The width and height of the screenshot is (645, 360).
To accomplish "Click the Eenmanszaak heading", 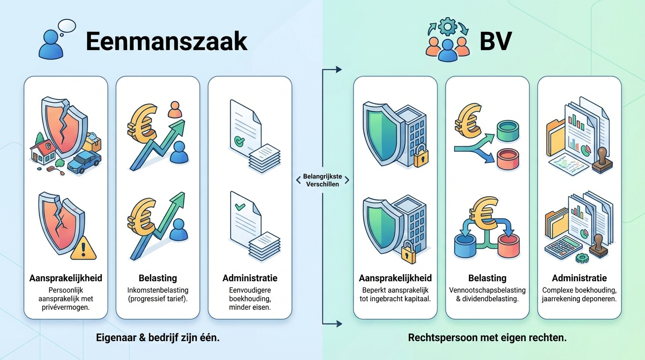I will pyautogui.click(x=166, y=42).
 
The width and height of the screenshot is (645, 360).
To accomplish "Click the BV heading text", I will pyautogui.click(x=495, y=42).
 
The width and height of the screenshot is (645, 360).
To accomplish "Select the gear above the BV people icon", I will pyautogui.click(x=448, y=26).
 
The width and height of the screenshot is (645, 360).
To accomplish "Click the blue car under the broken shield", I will pyautogui.click(x=84, y=162).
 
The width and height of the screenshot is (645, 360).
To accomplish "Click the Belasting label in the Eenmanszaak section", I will pyautogui.click(x=157, y=278).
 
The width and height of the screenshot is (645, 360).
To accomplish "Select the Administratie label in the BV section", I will pyautogui.click(x=579, y=278).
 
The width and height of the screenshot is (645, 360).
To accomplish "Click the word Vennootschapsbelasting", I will pyautogui.click(x=487, y=290).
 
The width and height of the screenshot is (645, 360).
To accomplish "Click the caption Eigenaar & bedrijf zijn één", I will pyautogui.click(x=157, y=337).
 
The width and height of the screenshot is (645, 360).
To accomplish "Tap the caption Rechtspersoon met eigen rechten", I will pyautogui.click(x=487, y=337).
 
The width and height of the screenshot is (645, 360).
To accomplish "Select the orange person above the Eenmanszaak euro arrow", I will pyautogui.click(x=174, y=110).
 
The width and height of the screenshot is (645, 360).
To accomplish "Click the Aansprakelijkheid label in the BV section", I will pyautogui.click(x=395, y=278).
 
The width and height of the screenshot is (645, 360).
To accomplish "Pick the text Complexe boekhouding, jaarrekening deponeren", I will pyautogui.click(x=579, y=294).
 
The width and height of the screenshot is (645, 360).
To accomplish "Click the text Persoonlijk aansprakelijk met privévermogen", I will pyautogui.click(x=66, y=299).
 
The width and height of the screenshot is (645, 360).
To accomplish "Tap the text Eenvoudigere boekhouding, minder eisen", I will pyautogui.click(x=249, y=299).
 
